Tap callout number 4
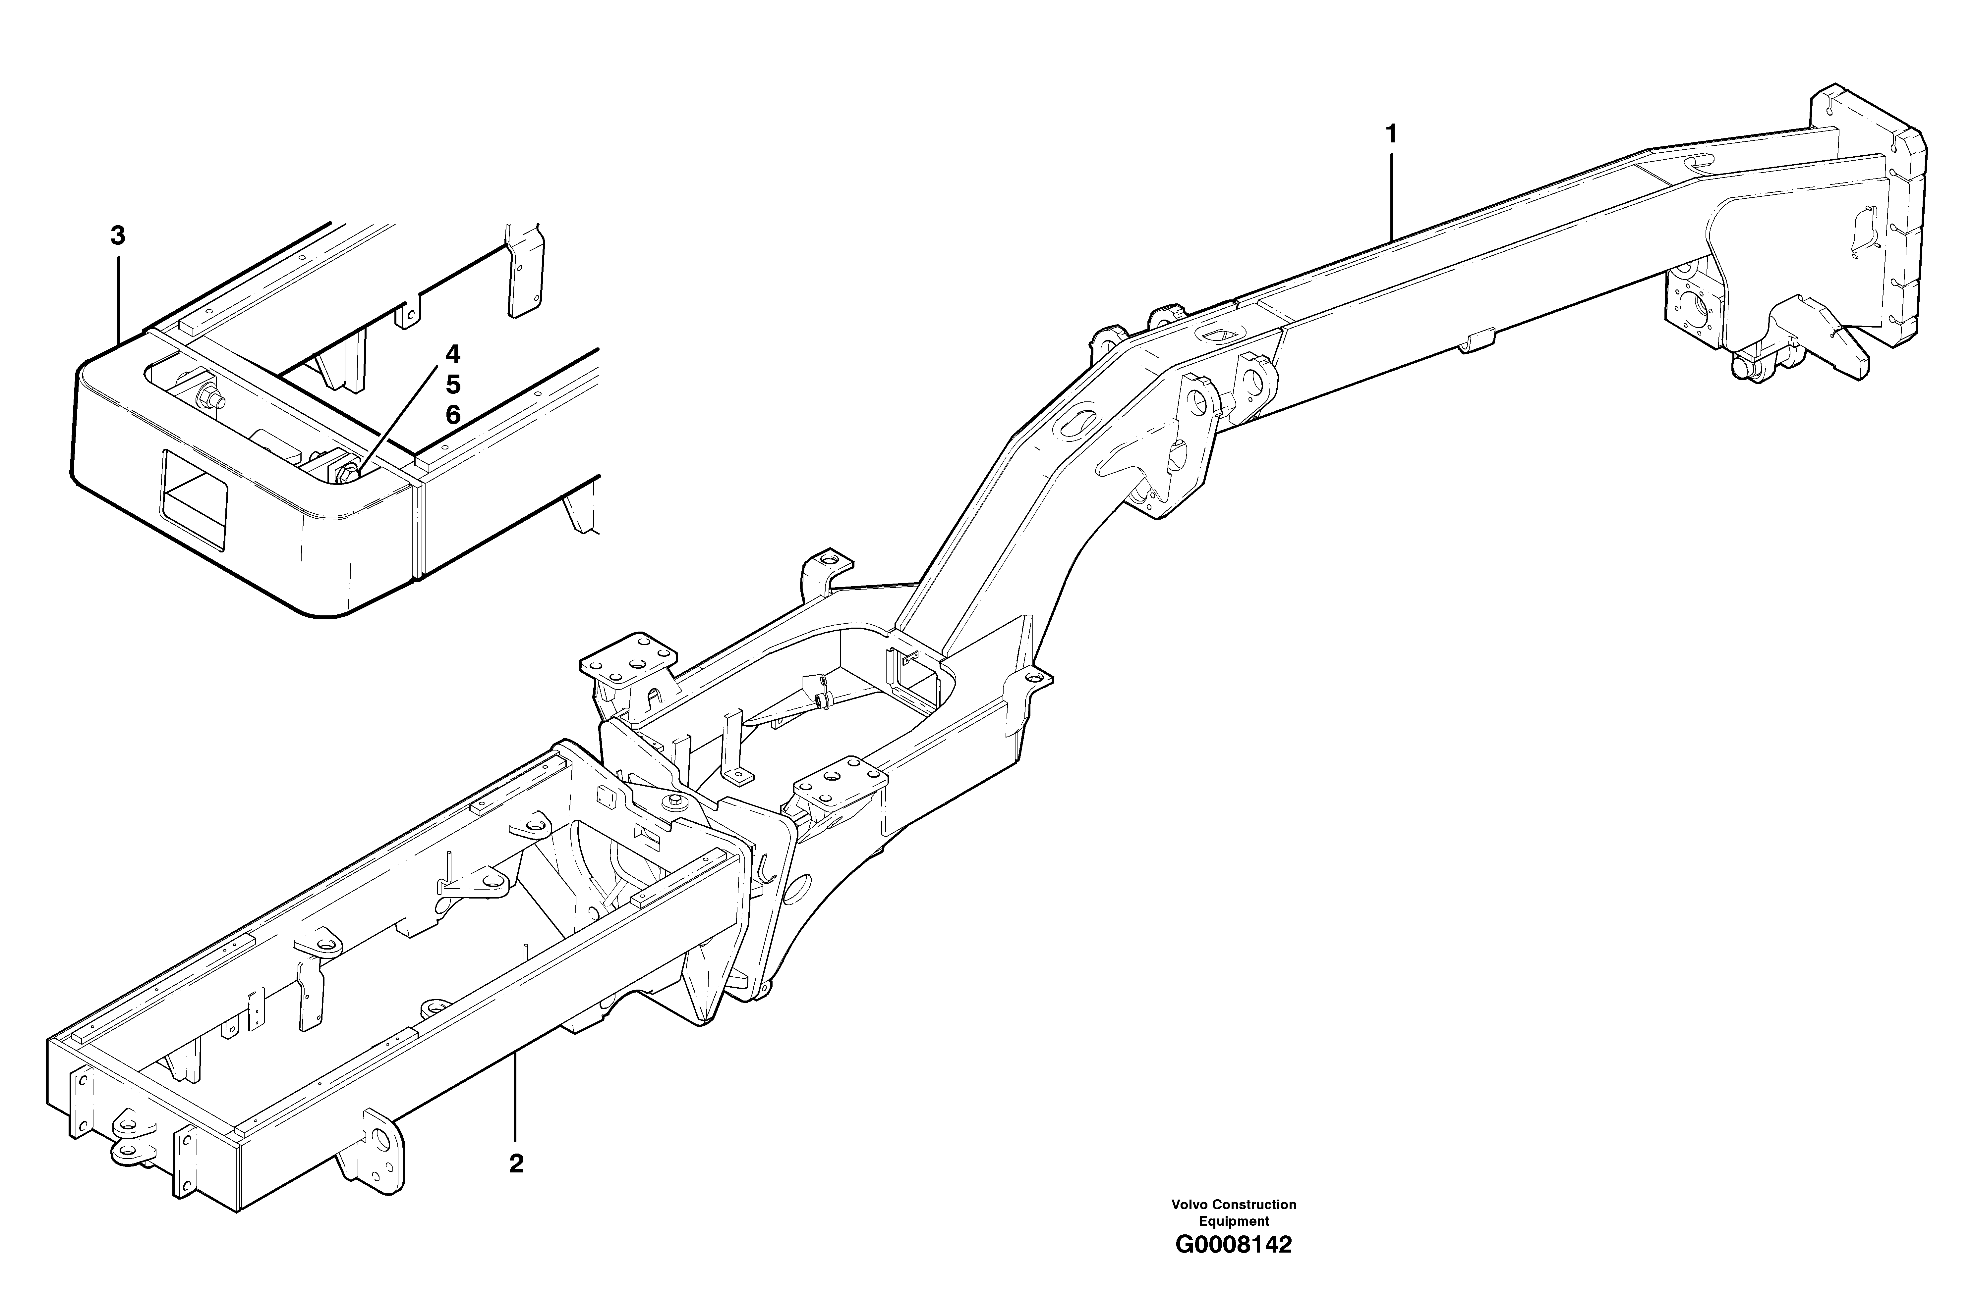coord(453,355)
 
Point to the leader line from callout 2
coord(516,1094)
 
